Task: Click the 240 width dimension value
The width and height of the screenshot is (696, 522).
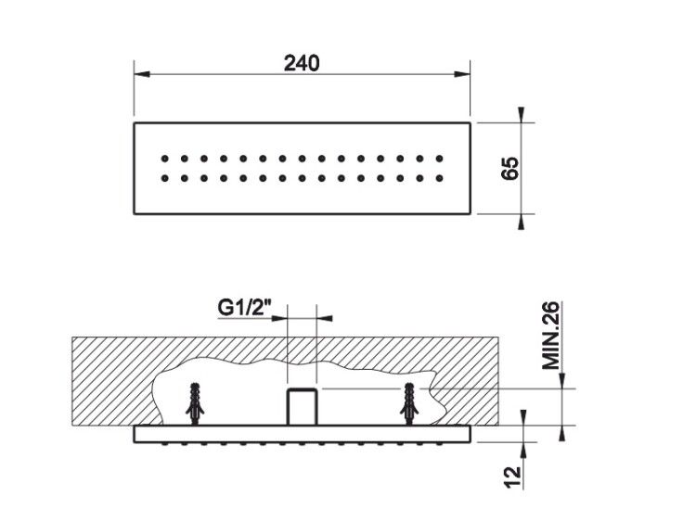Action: click(x=302, y=63)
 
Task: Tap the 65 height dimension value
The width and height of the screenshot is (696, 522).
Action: click(x=509, y=168)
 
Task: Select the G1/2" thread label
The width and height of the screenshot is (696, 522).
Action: click(x=245, y=307)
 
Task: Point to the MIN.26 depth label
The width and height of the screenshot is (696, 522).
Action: click(x=551, y=336)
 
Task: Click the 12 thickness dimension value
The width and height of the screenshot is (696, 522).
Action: click(x=512, y=477)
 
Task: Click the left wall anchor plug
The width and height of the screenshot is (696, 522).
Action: click(x=195, y=402)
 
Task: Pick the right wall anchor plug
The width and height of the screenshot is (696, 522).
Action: click(x=409, y=402)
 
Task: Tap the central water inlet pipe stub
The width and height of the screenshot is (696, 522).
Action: click(x=302, y=406)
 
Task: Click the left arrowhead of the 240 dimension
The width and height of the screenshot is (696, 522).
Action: click(x=142, y=74)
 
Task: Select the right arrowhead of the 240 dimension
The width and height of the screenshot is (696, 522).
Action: click(x=462, y=74)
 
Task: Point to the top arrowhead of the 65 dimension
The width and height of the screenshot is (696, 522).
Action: click(x=522, y=114)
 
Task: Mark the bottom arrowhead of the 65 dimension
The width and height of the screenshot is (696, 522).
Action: click(x=522, y=222)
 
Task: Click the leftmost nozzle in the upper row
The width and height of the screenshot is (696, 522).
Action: click(x=164, y=159)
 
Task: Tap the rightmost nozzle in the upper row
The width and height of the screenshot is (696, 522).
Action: click(x=440, y=159)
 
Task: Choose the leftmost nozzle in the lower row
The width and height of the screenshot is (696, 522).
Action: click(x=164, y=178)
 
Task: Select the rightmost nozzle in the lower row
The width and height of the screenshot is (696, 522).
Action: click(x=440, y=178)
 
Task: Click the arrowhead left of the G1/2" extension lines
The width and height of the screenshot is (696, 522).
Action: click(x=279, y=317)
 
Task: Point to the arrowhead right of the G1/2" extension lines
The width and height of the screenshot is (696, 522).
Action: click(x=325, y=317)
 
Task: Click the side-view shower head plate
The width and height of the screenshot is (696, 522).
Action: click(x=302, y=434)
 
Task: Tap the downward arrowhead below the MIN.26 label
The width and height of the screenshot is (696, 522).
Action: click(x=562, y=380)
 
